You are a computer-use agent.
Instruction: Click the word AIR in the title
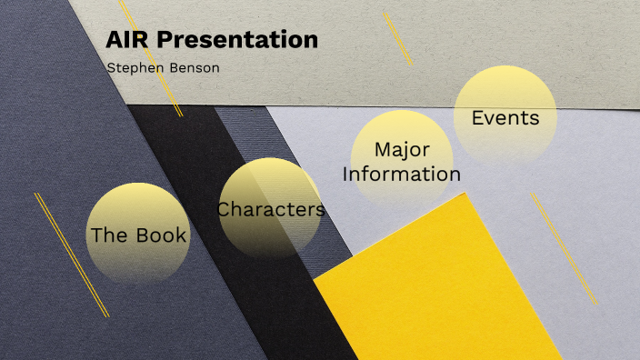pos(125,40)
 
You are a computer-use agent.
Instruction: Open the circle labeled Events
pos(505,117)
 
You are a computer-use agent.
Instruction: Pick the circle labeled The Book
pos(138,235)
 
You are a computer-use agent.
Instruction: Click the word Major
pos(402,149)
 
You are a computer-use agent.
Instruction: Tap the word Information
pos(402,174)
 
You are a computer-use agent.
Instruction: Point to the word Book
pos(161,235)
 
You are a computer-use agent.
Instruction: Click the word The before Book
pos(109,235)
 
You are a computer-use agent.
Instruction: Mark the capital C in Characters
pos(224,210)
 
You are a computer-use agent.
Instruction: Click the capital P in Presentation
pos(165,40)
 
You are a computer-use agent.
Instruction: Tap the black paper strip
pos(264,273)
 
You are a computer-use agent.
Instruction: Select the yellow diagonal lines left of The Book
pos(71,255)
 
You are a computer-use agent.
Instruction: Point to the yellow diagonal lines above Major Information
pos(397,38)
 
